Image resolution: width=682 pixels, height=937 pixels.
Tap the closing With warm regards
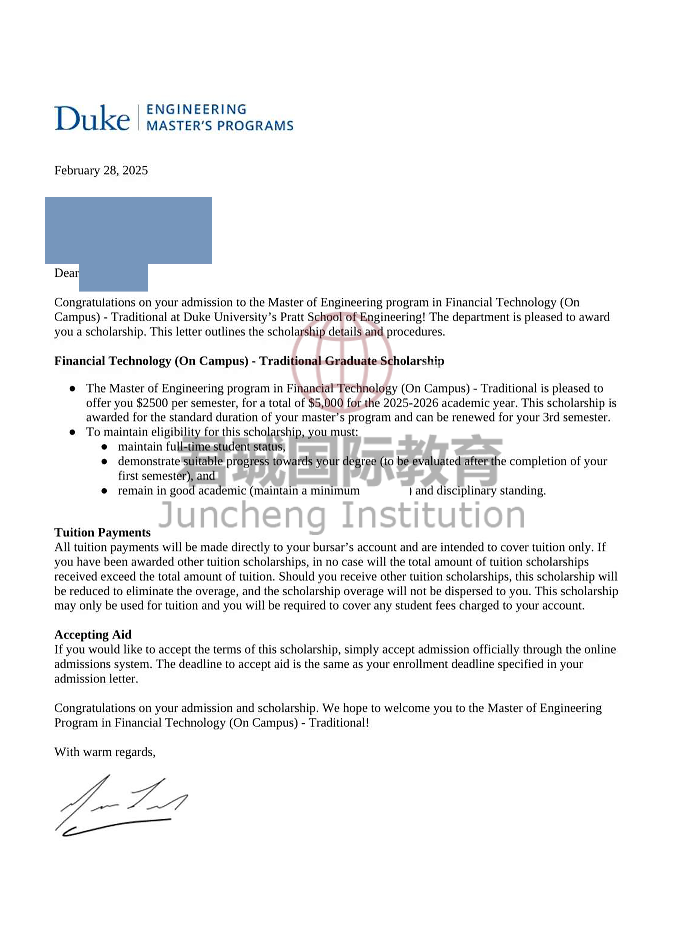(105, 752)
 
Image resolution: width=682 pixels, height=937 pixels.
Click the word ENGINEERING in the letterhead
(196, 109)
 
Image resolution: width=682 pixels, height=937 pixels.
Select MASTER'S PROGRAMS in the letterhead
(220, 126)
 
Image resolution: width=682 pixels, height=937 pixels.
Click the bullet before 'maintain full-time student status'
(104, 447)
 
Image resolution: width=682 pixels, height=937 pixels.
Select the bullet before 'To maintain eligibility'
(72, 432)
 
